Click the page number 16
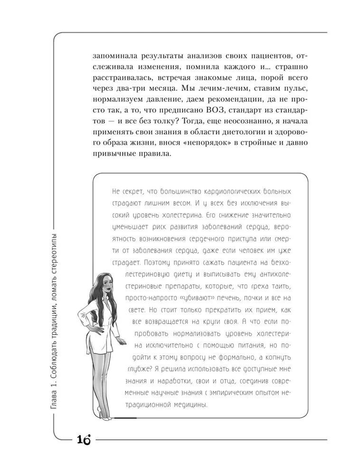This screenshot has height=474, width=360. point(82,439)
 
